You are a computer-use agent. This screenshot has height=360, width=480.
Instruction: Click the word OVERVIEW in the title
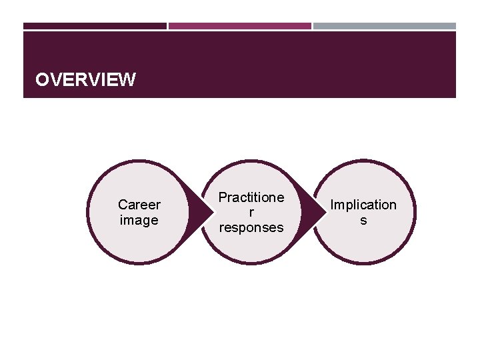85,81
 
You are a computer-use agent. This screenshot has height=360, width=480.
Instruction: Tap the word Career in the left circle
139,205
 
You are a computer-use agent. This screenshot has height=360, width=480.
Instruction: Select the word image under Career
139,220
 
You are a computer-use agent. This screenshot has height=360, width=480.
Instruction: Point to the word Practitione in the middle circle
251,198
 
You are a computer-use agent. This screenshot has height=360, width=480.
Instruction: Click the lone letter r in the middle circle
251,213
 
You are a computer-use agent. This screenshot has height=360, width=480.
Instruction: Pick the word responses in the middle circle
251,227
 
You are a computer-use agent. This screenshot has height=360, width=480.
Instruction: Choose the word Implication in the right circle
363,205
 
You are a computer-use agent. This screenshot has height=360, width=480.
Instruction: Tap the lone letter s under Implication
363,220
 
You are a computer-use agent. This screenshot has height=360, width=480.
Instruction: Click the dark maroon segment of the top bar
95,26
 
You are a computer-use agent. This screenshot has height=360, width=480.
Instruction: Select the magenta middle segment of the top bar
239,26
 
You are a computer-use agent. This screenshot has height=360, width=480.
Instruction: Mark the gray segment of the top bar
385,26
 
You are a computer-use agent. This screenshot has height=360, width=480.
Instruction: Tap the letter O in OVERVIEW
42,81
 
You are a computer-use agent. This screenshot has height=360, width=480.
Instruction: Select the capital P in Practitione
223,198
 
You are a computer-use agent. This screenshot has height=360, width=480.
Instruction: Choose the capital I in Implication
333,205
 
